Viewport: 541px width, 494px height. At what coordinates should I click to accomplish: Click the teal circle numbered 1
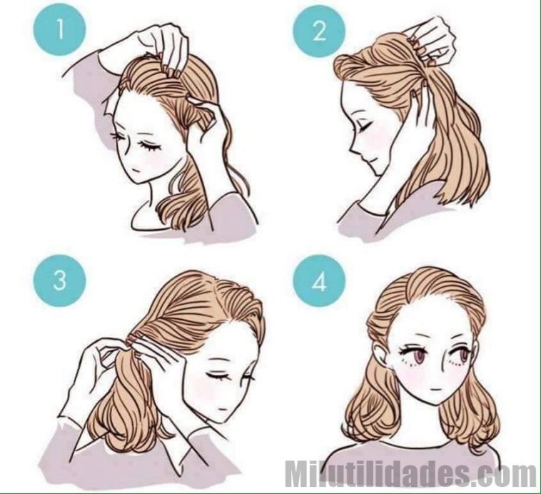(x=59, y=30)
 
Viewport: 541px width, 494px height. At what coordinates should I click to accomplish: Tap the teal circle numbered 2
(x=319, y=31)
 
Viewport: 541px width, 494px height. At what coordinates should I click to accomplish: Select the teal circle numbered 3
(x=59, y=281)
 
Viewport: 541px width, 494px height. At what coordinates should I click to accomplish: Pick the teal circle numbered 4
(x=319, y=281)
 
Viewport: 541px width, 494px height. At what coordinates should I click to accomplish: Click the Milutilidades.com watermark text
(x=410, y=475)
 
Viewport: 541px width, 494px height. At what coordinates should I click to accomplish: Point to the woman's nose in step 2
(x=353, y=148)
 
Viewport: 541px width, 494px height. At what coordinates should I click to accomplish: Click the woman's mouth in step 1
(x=136, y=170)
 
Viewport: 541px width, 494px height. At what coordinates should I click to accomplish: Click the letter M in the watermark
(x=297, y=475)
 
